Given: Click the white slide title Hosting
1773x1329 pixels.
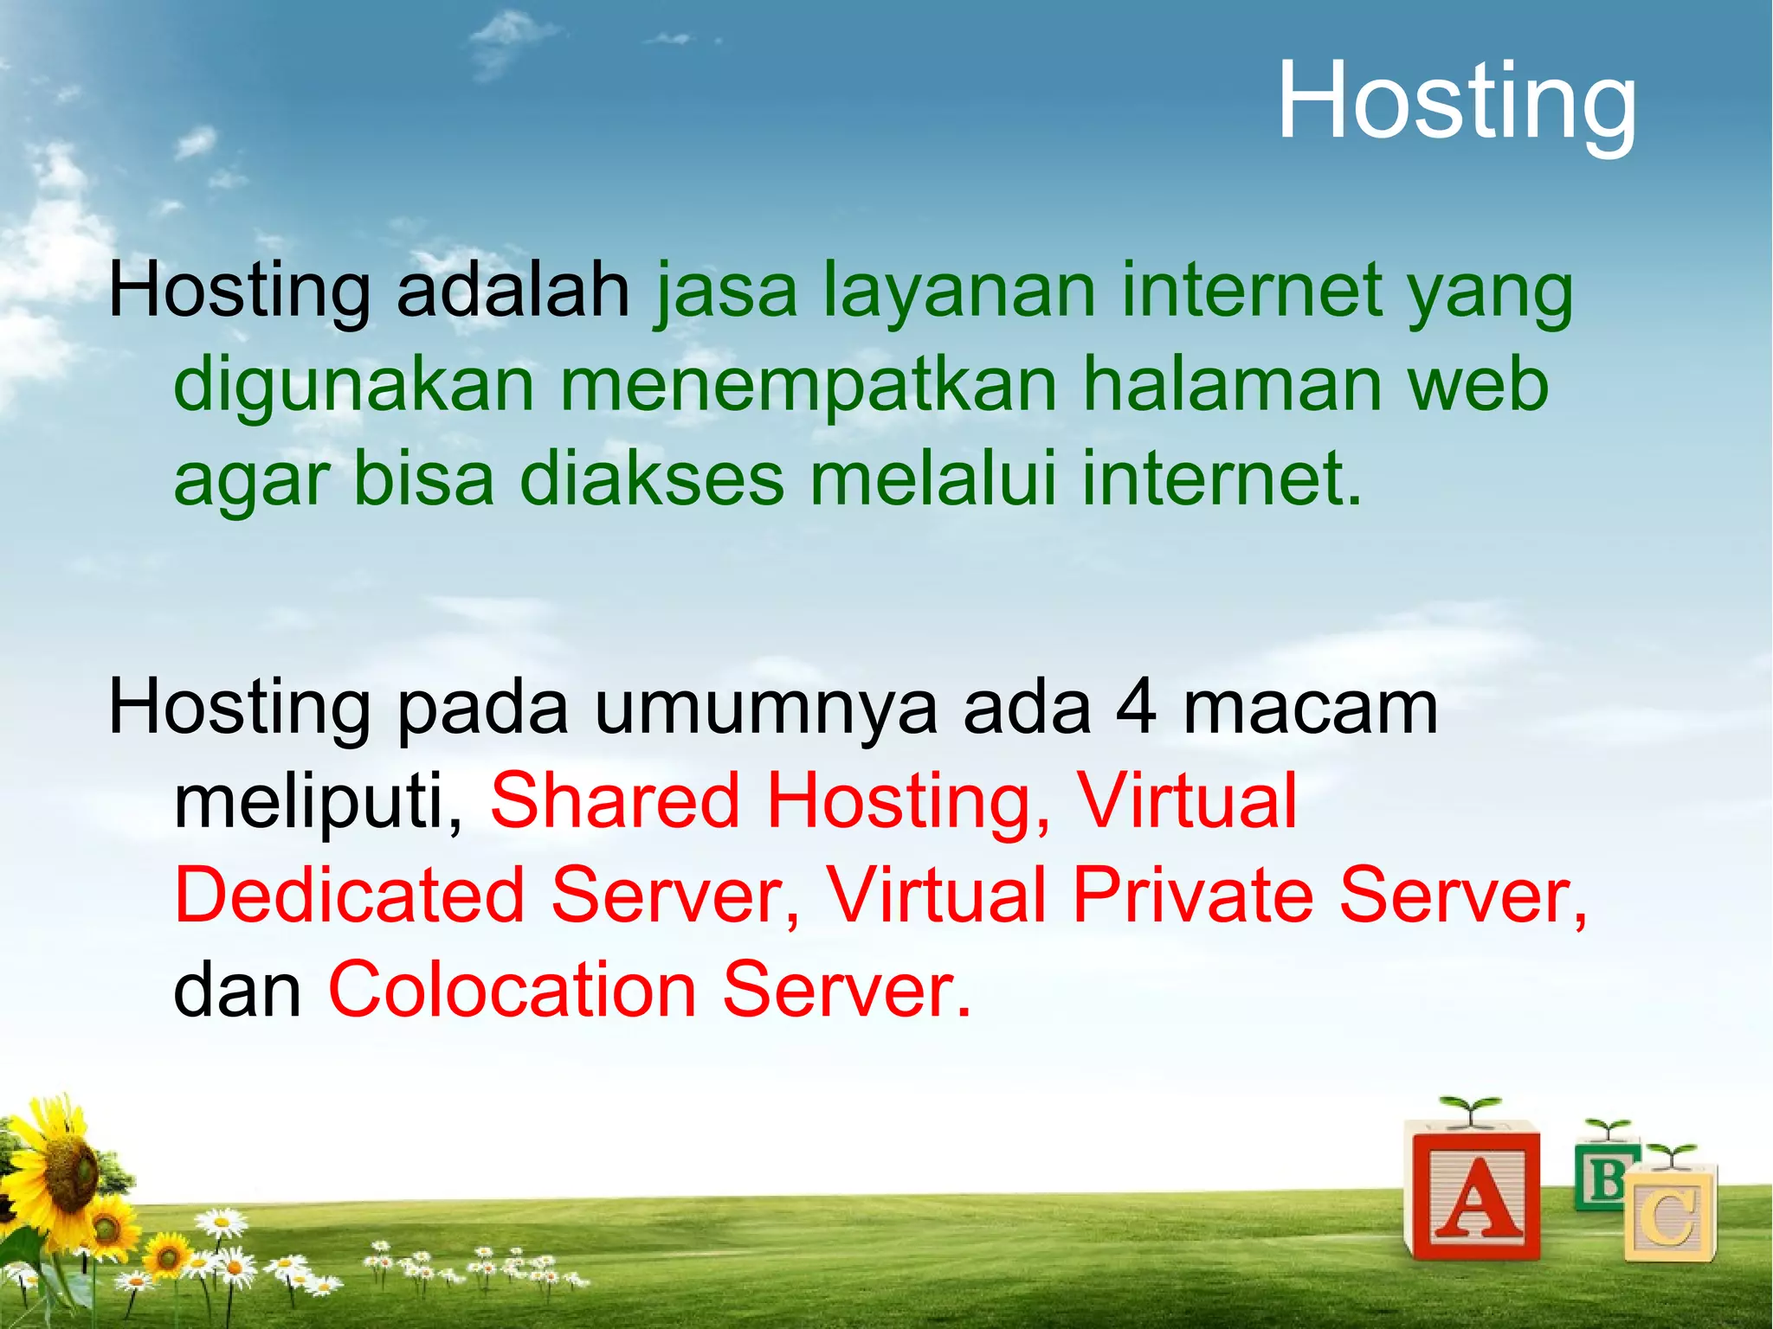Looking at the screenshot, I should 1457,102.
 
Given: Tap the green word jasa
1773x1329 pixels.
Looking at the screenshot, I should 725,292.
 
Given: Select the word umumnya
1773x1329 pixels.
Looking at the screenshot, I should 765,708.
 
